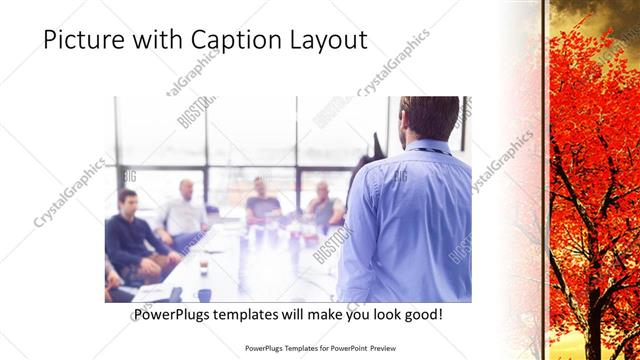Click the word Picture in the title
[x=83, y=40]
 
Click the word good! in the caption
[x=421, y=315]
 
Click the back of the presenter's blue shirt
[x=405, y=220]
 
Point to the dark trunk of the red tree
[x=585, y=230]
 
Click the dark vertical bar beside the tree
[x=544, y=180]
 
